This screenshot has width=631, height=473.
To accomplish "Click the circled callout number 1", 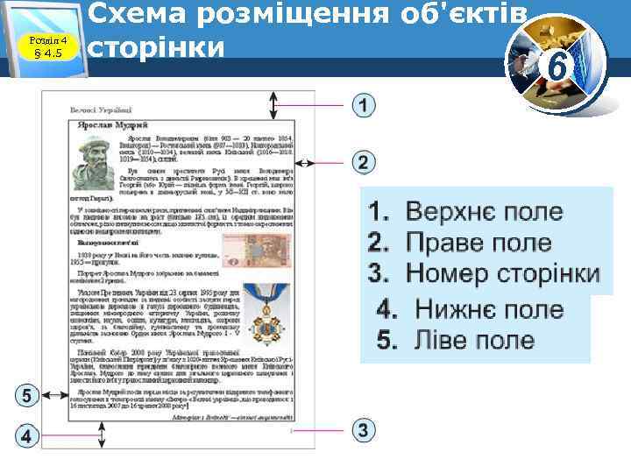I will (x=364, y=106).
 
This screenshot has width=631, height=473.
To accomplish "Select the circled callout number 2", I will (x=364, y=162).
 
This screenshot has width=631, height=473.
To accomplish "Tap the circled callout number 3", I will (x=364, y=430).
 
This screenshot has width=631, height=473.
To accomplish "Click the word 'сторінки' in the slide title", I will (x=157, y=46).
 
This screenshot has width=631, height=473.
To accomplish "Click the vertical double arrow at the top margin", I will (x=274, y=106).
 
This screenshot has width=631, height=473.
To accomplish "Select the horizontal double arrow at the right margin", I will (x=307, y=163).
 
